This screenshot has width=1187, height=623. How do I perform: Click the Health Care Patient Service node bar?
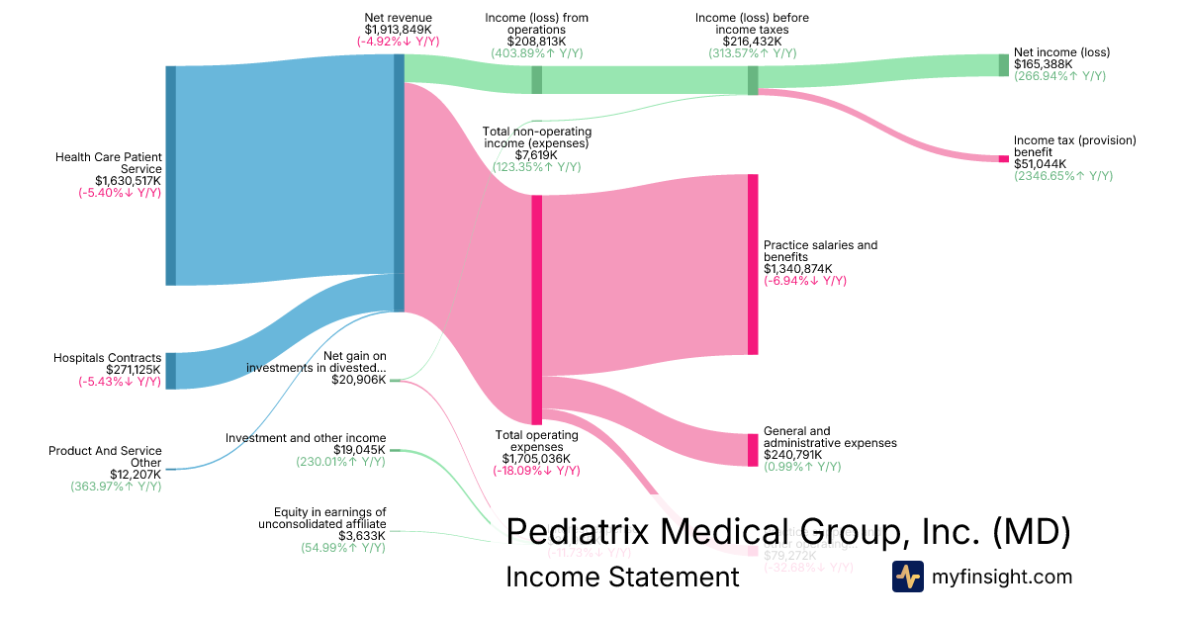pos(170,175)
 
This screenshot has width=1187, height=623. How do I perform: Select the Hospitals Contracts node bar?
pos(170,370)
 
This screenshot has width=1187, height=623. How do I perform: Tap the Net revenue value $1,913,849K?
pos(398,30)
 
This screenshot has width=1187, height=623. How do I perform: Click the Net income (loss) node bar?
pos(1003,65)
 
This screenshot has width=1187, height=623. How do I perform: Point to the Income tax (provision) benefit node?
pos(1003,158)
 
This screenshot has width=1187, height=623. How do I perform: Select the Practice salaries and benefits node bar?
pos(752,264)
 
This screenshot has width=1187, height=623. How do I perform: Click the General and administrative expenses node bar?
pos(752,450)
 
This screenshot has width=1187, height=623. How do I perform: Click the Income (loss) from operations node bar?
pos(536,79)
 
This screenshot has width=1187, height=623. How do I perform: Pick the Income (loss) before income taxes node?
pos(753,80)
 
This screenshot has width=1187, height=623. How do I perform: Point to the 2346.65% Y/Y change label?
pos(1063,176)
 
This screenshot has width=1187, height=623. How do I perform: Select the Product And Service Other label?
pos(105,457)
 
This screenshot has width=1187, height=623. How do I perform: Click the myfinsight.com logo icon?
pos(907,577)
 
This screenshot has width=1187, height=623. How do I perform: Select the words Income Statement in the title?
pos(622,577)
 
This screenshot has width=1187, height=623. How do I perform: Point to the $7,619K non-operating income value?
pos(535,155)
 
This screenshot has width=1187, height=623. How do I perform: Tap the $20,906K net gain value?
pos(358,381)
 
